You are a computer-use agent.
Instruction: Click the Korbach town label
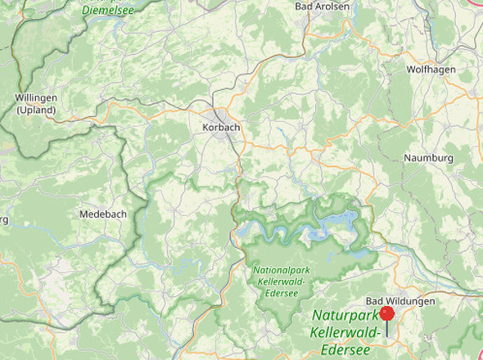point(220,128)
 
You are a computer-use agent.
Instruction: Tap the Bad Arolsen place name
point(322,7)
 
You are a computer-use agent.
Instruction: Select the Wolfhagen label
point(431,70)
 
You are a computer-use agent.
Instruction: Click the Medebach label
point(103,214)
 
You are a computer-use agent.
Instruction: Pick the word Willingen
point(36,98)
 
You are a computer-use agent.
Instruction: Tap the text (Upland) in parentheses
point(36,110)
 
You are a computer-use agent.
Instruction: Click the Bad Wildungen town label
point(400,301)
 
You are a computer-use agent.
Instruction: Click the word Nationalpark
point(282,270)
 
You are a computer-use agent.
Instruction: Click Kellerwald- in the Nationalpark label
point(281,281)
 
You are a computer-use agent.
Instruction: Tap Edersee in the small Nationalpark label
point(281,292)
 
